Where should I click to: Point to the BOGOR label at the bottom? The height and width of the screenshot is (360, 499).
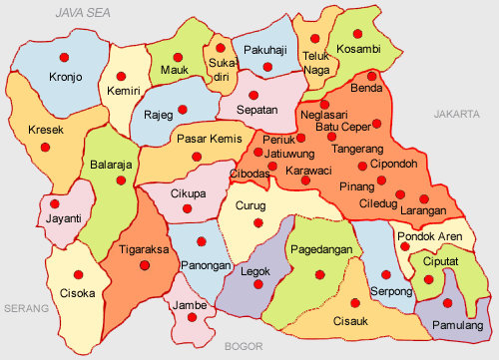(244, 346)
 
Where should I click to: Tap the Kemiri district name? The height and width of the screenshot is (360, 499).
(124, 92)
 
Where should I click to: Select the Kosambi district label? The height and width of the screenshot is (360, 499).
(358, 49)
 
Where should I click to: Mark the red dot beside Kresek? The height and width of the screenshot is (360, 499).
(45, 148)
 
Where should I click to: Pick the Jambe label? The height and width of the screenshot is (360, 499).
(189, 304)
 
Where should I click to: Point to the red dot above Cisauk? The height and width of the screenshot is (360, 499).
(355, 303)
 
